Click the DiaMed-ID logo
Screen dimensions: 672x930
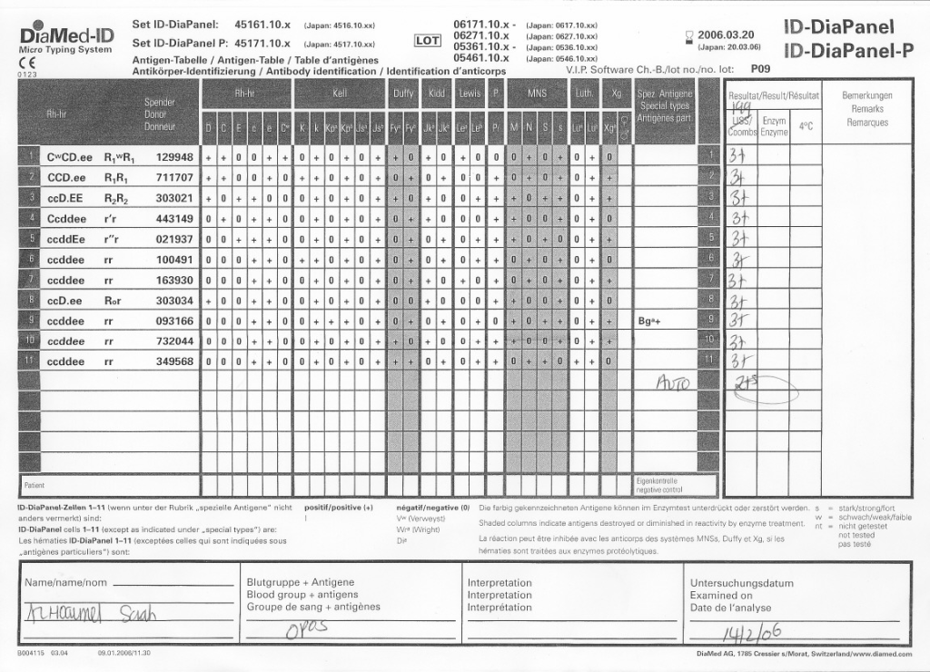[66, 37]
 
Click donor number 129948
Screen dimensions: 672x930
[174, 156]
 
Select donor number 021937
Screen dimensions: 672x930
[174, 239]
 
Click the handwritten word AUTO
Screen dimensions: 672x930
[673, 384]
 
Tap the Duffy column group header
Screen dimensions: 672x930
[403, 94]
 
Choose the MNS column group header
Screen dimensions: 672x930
[537, 94]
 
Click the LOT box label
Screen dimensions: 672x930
[427, 41]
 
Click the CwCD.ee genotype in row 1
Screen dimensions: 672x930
[70, 156]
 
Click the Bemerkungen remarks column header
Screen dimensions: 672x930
[866, 94]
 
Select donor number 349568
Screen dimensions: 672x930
[174, 361]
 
